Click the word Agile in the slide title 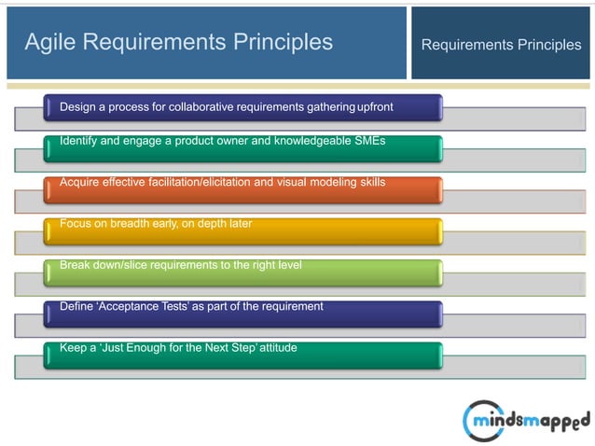(x=48, y=42)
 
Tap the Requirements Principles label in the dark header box (x=501, y=44)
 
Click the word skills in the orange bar (x=369, y=181)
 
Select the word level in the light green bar (x=286, y=266)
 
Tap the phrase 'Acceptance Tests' (x=143, y=306)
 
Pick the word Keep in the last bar (x=74, y=348)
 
